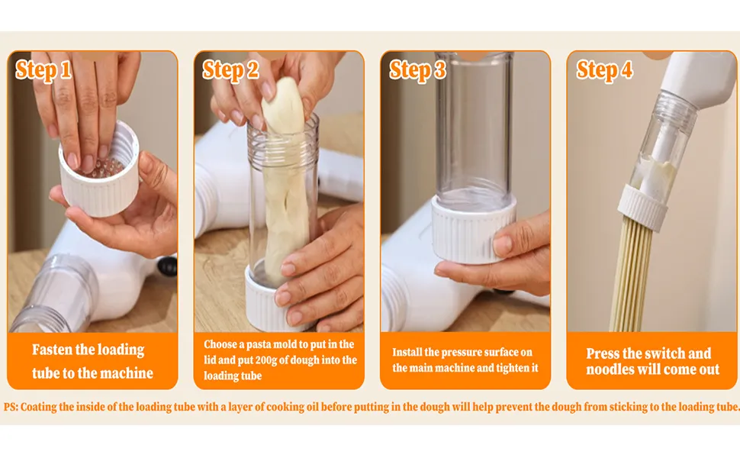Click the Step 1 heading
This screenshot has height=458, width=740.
[43, 70]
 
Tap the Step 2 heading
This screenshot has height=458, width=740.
[231, 70]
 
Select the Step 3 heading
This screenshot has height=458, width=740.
[417, 70]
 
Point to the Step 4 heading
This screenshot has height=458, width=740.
[604, 70]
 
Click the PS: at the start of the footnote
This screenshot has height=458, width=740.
[11, 407]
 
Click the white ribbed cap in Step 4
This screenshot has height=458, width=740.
[644, 206]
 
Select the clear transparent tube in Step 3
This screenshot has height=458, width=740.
[475, 130]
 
